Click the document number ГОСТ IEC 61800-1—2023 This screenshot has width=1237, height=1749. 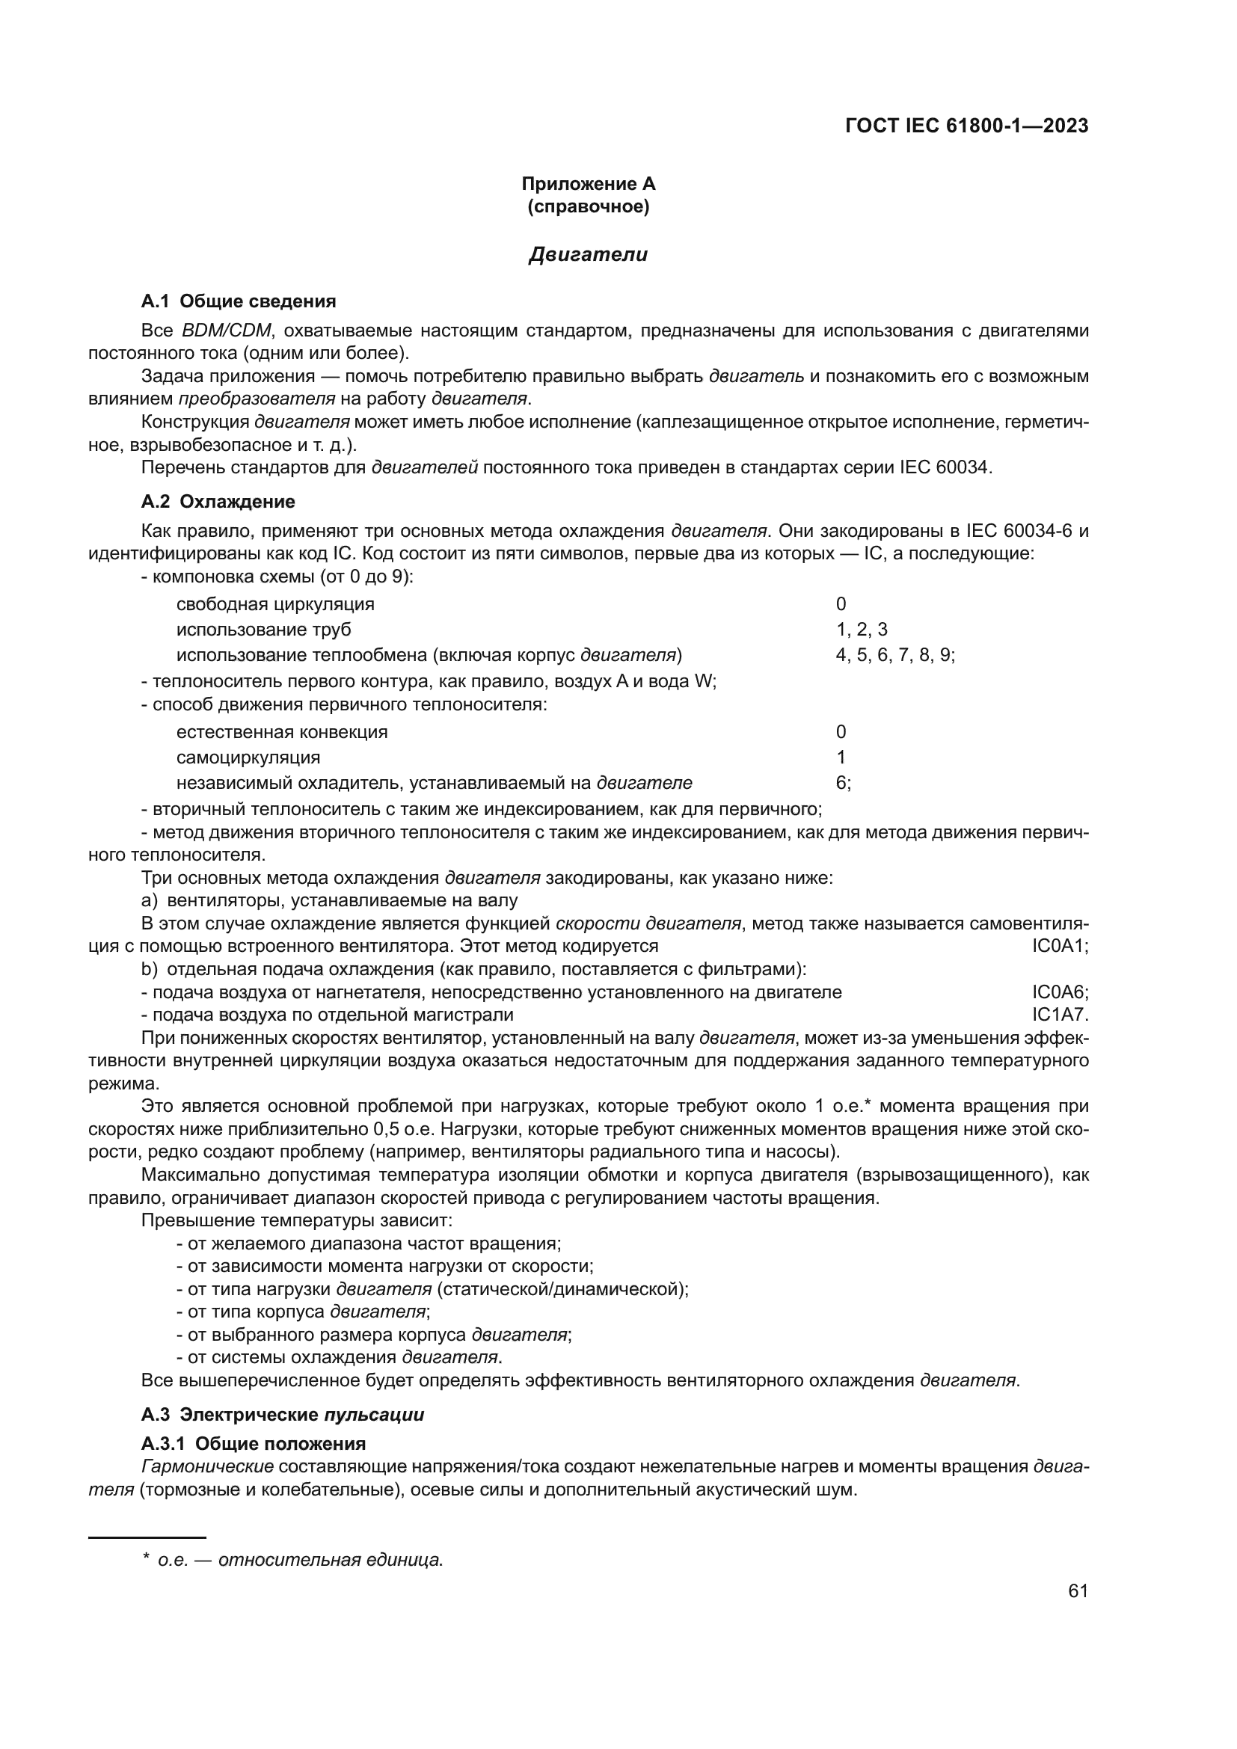(966, 126)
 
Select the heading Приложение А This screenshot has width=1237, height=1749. (588, 184)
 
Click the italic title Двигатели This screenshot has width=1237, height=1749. (588, 254)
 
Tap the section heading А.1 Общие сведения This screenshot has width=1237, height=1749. (239, 301)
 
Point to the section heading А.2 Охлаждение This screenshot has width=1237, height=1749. (218, 502)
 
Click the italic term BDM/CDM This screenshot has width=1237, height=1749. (226, 331)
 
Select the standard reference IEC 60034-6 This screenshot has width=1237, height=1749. (1013, 531)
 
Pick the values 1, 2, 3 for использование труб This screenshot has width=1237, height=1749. (861, 630)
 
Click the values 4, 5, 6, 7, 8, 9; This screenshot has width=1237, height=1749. (895, 655)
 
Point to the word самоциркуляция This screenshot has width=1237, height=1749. (248, 758)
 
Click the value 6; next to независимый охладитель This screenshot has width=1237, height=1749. (843, 783)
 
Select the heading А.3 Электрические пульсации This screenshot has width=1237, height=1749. (283, 1416)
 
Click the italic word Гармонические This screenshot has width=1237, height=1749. (207, 1467)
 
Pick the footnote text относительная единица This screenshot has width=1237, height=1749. (330, 1561)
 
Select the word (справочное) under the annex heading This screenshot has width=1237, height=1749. (588, 206)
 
